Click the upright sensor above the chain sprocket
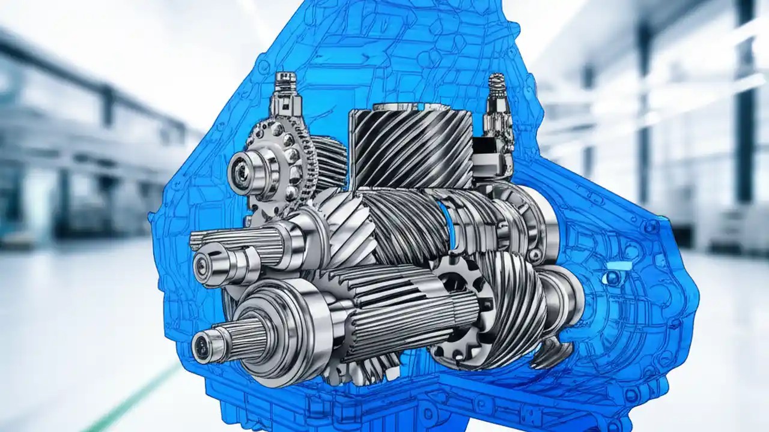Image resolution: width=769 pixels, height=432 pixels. tap(285, 96)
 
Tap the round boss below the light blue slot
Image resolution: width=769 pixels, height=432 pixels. tap(612, 278)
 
